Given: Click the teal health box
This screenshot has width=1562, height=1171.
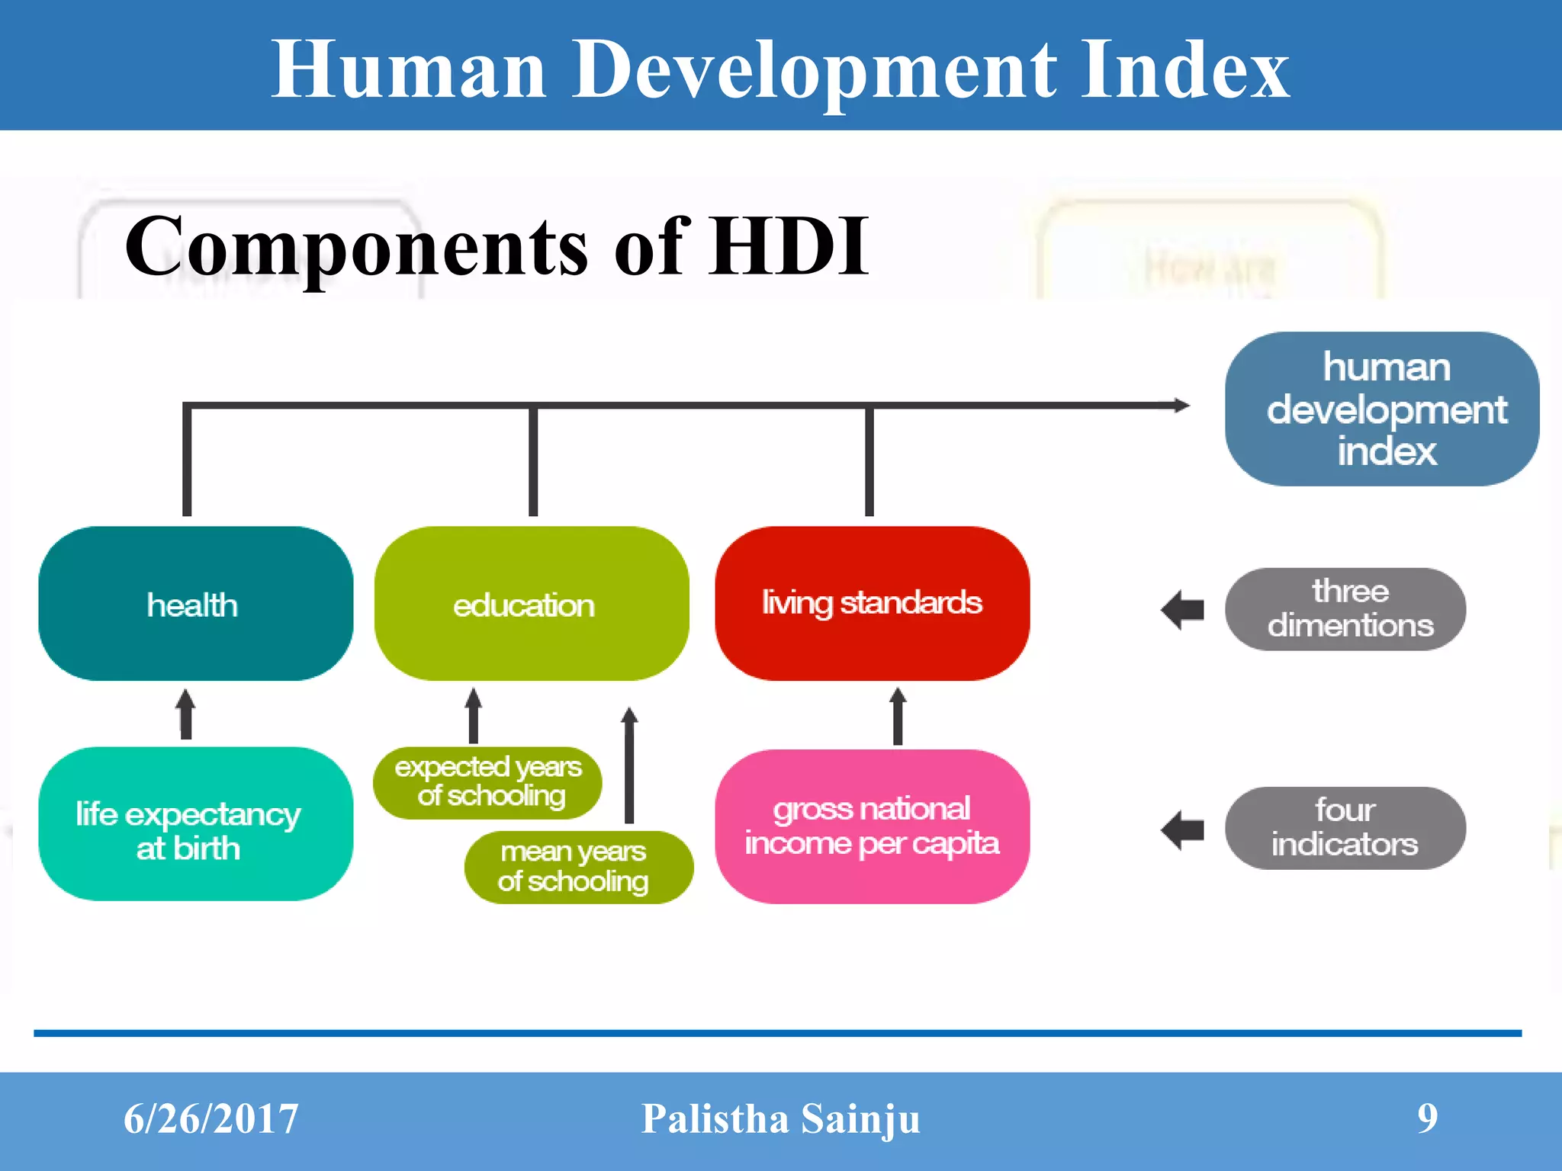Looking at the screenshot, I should tap(195, 603).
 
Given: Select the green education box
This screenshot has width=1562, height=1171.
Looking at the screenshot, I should tap(532, 603).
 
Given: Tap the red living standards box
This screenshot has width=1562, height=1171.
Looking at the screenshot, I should tap(872, 603).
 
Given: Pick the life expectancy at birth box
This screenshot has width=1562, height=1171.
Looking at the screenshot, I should tap(195, 824).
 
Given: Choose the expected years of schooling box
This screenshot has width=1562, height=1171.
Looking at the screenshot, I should tap(487, 782).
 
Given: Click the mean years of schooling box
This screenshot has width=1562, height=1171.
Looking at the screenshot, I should tap(578, 867).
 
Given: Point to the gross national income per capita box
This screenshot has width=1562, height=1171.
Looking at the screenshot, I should tap(872, 826).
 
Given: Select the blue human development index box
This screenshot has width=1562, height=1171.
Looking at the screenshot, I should tap(1381, 409).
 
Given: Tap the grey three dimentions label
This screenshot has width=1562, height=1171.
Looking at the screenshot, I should tap(1345, 608).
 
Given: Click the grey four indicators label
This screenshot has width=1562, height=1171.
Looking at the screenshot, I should tap(1345, 828).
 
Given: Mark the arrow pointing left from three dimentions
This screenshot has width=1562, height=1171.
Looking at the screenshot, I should tap(1182, 610).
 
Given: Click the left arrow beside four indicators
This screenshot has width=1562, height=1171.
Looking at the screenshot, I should tap(1182, 829).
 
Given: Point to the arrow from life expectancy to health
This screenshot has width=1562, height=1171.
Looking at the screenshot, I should tap(185, 714).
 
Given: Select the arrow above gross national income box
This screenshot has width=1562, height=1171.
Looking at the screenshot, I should tap(898, 715).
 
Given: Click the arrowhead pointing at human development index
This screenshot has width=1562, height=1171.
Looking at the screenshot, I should tap(1181, 405).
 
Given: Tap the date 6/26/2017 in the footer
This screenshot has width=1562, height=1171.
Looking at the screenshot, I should tap(211, 1119).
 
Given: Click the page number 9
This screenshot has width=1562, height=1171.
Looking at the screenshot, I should tap(1427, 1118).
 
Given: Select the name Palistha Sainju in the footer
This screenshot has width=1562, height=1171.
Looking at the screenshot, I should tap(780, 1119).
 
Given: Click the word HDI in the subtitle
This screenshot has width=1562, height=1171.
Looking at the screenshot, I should tap(789, 245).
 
